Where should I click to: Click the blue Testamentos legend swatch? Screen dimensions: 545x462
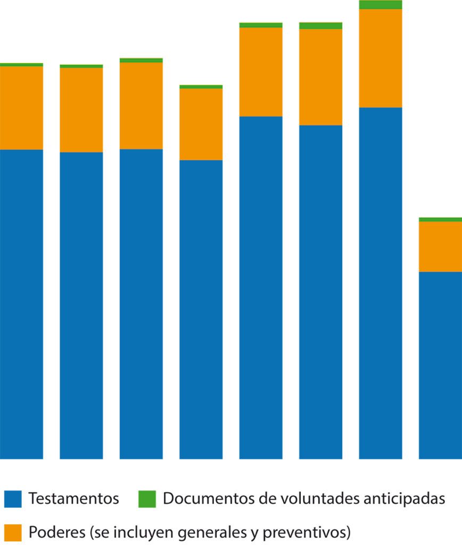[x=13, y=499]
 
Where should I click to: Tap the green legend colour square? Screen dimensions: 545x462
[x=147, y=499]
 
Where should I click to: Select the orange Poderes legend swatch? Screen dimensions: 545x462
[x=13, y=532]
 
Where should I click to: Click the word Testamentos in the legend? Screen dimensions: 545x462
[x=73, y=499]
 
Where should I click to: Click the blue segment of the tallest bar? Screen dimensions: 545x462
[x=380, y=282]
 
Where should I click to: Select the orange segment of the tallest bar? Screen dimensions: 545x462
[x=380, y=58]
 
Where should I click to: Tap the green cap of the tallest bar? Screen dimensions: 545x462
[x=380, y=5]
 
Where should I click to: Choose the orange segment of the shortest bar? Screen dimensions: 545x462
[x=440, y=246]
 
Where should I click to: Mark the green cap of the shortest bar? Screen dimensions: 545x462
[x=440, y=219]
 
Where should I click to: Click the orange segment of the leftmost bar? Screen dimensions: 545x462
[x=21, y=108]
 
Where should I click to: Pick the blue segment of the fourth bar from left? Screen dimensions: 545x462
[x=201, y=309]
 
